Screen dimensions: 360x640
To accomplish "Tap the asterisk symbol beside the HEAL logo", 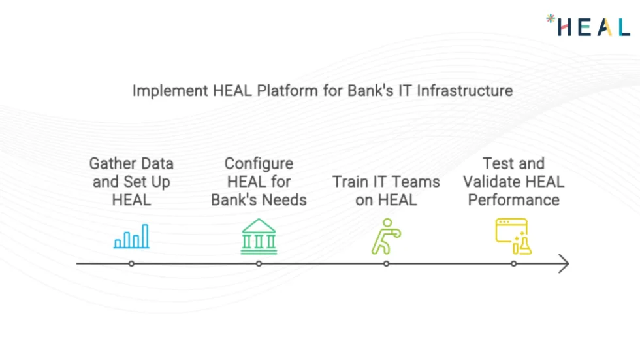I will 551,19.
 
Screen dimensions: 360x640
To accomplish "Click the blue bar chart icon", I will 131,237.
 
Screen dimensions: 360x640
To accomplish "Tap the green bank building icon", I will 259,237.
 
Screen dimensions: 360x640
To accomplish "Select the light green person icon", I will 385,237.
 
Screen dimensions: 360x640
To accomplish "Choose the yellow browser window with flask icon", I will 513,237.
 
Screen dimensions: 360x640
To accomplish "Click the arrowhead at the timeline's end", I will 564,264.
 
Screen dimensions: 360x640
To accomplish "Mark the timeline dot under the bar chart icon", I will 131,264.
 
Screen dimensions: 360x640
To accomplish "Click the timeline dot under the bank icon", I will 259,264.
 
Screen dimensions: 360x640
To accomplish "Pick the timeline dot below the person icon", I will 386,264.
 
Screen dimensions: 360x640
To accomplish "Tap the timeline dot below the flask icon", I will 513,264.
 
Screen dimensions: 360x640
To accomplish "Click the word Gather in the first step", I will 112,163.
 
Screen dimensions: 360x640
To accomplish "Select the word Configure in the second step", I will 259,163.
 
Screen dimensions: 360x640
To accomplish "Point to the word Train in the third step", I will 351,182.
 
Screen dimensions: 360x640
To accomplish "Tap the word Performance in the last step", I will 513,200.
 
